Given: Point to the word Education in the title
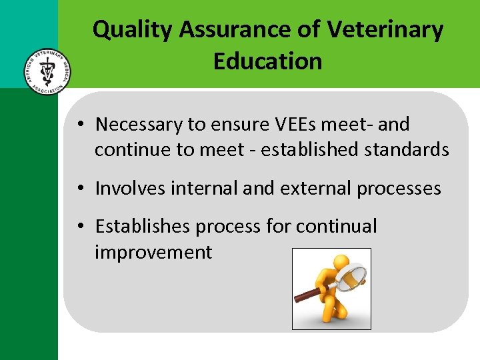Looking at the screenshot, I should coord(267,61).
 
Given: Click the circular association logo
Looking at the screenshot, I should coord(45,71).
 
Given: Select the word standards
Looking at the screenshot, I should coord(407,150).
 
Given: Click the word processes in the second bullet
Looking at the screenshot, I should coord(399,189).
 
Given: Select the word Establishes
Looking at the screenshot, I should coord(143,227).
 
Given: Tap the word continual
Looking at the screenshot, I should coord(336,227).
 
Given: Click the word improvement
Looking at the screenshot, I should coord(153,253).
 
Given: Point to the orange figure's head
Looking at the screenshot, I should coord(341,263).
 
